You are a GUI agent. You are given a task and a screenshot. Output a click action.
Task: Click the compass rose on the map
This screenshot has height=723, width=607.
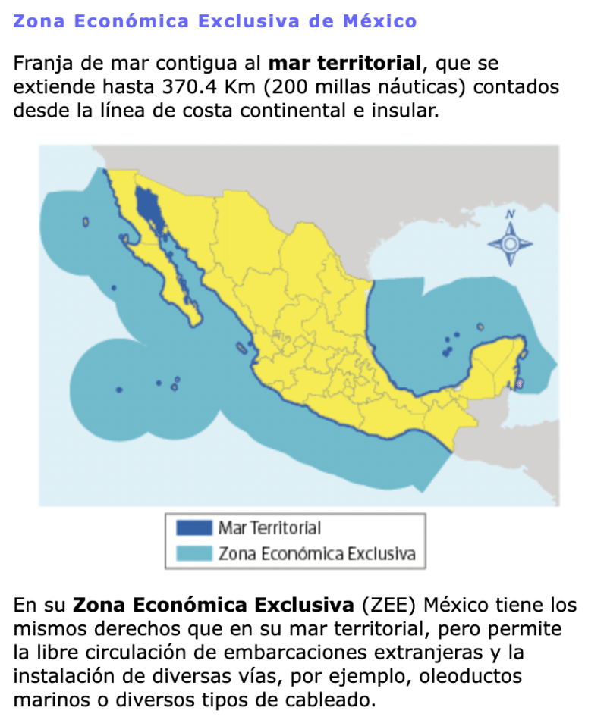[x=510, y=243]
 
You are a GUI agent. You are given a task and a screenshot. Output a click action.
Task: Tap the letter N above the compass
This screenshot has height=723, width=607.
[x=510, y=214]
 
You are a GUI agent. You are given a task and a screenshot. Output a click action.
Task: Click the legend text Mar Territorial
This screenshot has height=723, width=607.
[x=269, y=527]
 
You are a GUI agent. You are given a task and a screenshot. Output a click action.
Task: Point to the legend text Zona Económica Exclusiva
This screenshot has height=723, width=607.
[x=316, y=553]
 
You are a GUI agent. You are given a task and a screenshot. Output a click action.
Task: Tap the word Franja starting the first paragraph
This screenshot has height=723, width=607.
[x=40, y=63]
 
